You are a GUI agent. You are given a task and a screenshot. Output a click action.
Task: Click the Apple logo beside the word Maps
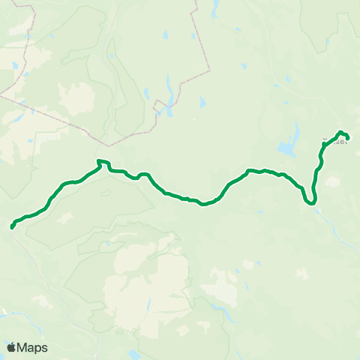11,347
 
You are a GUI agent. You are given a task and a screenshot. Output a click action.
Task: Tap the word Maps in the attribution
32,347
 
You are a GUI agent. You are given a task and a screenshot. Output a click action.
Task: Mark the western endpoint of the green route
13,226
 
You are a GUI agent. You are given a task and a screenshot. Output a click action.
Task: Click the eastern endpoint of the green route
348,136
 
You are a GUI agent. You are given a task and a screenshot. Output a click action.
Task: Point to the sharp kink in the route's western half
100,161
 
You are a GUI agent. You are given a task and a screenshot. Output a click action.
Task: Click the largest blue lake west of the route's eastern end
287,148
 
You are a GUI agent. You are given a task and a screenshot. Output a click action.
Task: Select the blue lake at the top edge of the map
214,7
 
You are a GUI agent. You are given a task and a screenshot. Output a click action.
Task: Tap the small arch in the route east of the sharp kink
142,175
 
